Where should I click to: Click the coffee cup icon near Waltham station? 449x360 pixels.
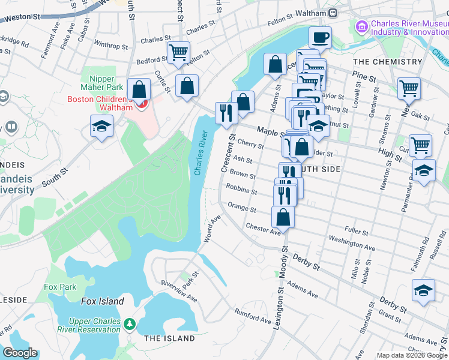point(320,38)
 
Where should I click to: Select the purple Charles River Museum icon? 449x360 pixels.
point(361,26)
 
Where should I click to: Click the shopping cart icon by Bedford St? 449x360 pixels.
point(178,53)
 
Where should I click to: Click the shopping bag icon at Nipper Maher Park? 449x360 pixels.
point(139,90)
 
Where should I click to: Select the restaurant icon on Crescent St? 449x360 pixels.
point(226,112)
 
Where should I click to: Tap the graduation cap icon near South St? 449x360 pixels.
point(101,126)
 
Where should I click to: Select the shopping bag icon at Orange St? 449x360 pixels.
point(283,216)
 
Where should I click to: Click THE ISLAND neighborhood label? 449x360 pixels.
point(169,338)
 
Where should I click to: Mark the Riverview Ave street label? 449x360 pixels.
point(178,290)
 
